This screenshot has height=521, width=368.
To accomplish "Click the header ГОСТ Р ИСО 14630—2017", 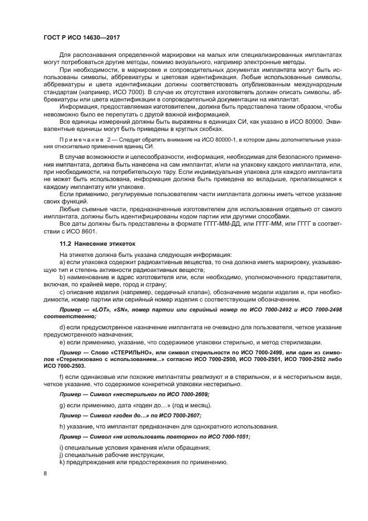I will tap(83, 36).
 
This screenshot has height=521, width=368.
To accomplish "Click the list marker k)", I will tap(62, 462).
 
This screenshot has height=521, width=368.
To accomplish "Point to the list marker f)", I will tap(61, 379).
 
